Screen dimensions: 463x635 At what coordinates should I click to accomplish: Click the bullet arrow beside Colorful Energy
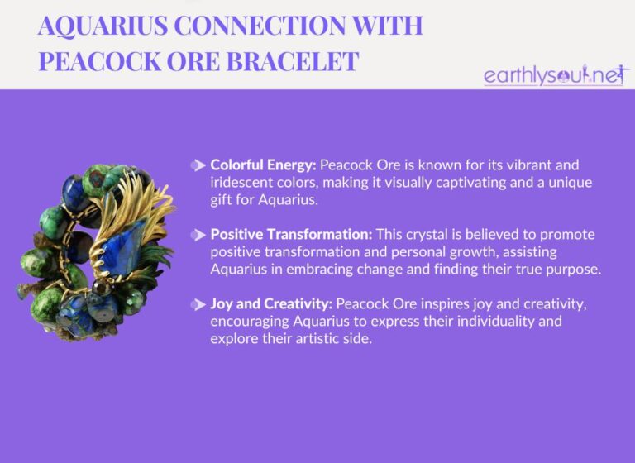point(198,164)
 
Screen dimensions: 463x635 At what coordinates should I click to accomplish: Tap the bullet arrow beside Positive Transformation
point(198,235)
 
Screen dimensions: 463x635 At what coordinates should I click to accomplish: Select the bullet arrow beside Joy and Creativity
point(198,306)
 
